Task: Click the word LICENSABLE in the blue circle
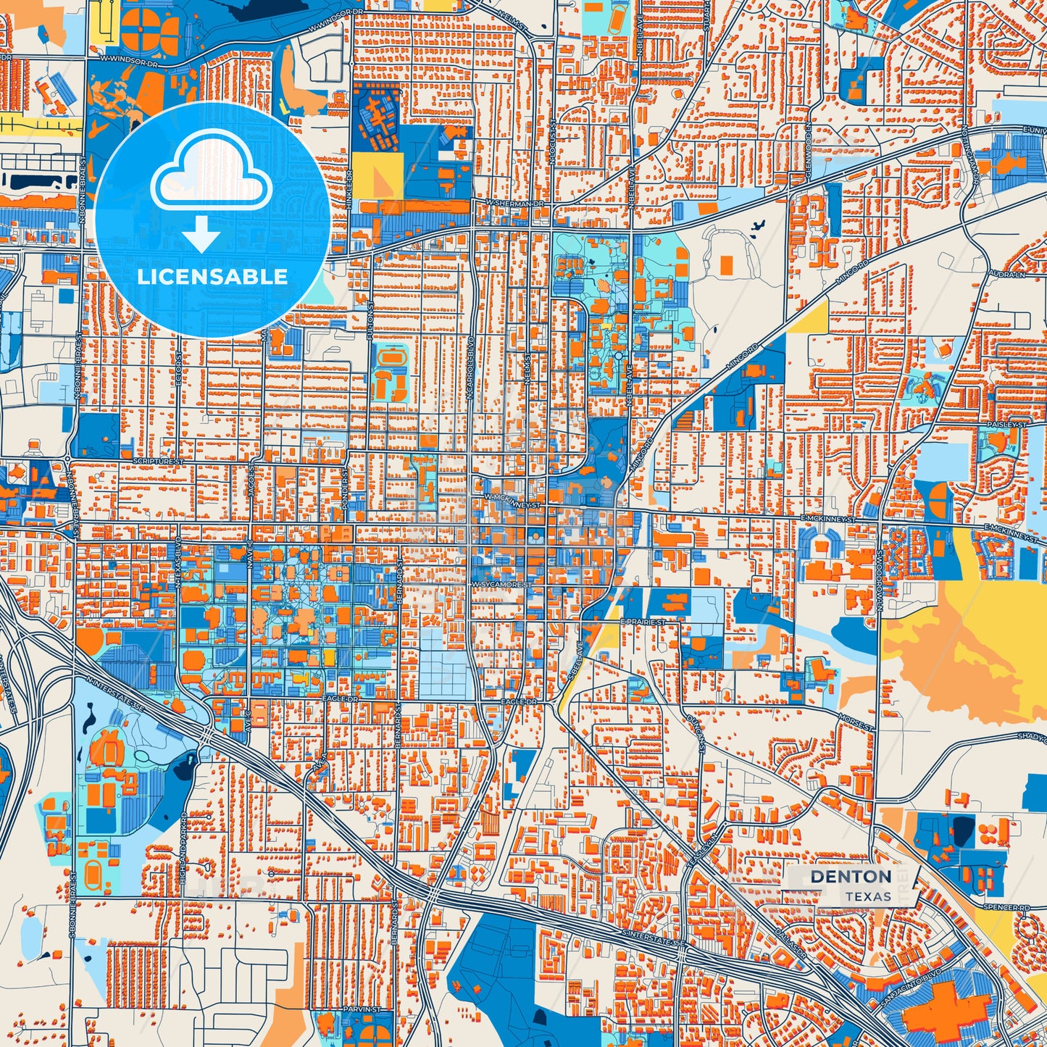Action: [x=212, y=277]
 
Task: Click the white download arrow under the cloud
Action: [x=201, y=233]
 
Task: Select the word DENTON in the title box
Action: [x=851, y=877]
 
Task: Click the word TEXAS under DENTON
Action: [x=867, y=897]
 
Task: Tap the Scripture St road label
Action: [x=159, y=461]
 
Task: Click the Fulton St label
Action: [x=370, y=322]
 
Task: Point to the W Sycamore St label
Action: [x=501, y=584]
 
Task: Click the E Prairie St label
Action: [x=643, y=622]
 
